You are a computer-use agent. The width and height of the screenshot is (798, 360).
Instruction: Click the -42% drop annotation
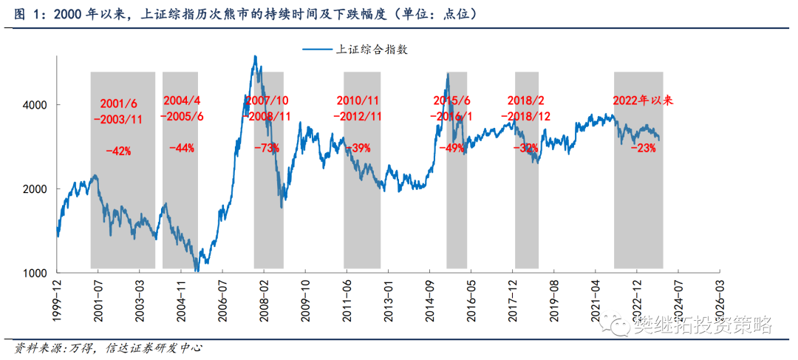pyautogui.click(x=118, y=151)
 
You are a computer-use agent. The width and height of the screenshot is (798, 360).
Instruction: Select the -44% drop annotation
pyautogui.click(x=181, y=148)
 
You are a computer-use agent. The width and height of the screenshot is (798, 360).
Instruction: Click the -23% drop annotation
pyautogui.click(x=643, y=148)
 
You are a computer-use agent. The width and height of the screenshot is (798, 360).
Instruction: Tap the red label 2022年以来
pyautogui.click(x=643, y=100)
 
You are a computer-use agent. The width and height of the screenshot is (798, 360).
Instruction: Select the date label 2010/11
pyautogui.click(x=358, y=100)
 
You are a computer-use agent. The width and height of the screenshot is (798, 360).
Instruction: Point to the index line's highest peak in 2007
pyautogui.click(x=255, y=57)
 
